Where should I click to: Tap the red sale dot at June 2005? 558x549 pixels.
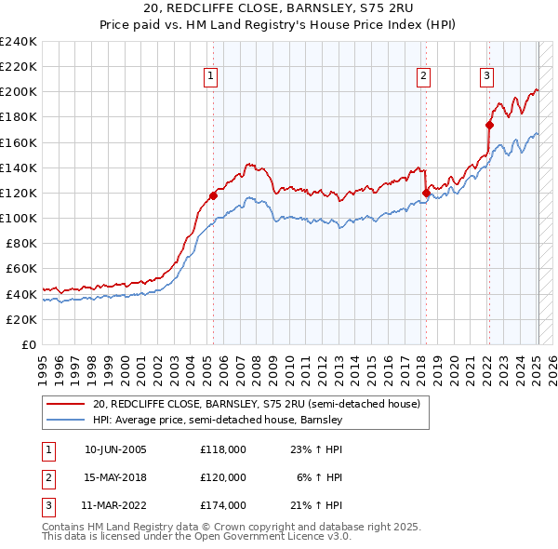[213, 195]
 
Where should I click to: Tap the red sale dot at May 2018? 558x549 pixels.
[426, 194]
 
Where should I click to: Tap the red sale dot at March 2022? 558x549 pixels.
[489, 125]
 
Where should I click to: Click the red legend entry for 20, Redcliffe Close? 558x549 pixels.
[256, 404]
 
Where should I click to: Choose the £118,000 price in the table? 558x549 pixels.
[223, 449]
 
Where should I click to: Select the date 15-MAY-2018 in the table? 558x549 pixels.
[115, 476]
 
